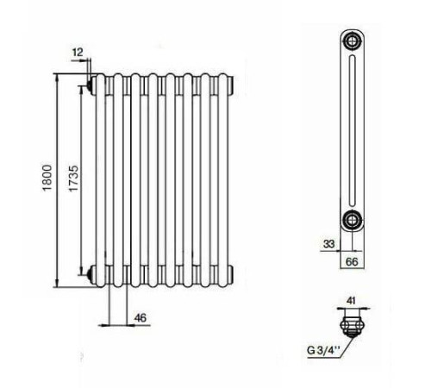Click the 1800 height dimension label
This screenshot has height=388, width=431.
point(47,178)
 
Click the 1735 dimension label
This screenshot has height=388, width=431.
point(73,178)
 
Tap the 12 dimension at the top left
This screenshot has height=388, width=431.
point(78,53)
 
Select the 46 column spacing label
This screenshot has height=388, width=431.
point(141,317)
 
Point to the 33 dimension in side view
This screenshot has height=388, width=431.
point(329,244)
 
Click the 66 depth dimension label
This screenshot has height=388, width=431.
point(352,262)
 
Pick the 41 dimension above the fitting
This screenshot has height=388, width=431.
point(351,301)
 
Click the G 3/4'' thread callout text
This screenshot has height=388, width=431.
point(323,350)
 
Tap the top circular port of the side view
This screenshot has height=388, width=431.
point(352,41)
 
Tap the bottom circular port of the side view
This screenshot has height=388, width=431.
point(352,220)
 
